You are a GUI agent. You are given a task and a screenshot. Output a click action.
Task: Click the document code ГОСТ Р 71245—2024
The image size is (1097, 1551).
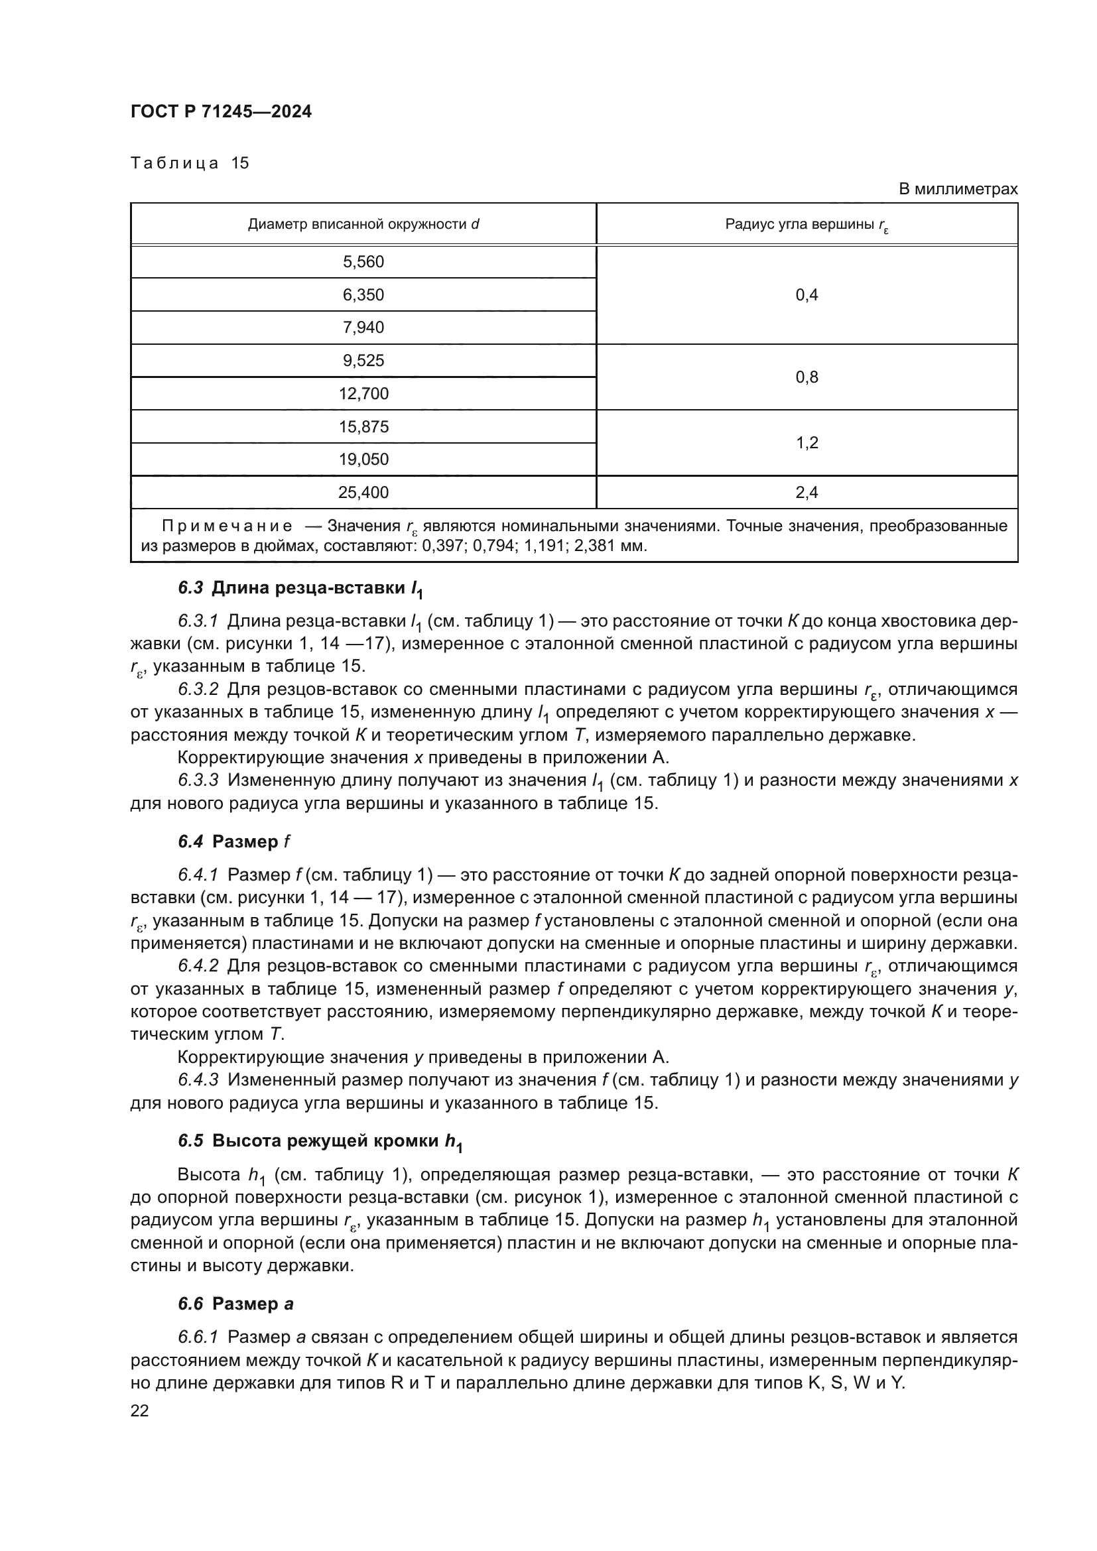[x=221, y=112]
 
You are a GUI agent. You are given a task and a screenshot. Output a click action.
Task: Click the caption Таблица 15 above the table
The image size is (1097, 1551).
[x=190, y=163]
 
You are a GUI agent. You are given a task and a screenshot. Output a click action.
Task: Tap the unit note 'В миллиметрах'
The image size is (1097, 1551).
[x=957, y=189]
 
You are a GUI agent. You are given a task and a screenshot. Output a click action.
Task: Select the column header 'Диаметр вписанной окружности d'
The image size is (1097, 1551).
[x=363, y=224]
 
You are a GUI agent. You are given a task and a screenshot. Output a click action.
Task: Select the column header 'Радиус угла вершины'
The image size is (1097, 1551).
[x=807, y=225]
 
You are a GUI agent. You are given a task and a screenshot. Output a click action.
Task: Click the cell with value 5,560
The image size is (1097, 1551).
[x=363, y=262]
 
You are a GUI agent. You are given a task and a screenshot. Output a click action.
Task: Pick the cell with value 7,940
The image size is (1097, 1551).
[x=363, y=328]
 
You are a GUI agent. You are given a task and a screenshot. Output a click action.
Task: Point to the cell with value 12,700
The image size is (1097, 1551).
[x=363, y=393]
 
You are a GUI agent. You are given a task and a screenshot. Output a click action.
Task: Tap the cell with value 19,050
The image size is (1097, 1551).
[x=363, y=460]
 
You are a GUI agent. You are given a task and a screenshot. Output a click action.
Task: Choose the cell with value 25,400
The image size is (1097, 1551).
[x=363, y=493]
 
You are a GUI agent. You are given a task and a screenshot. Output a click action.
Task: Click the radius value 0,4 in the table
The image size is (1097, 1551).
[x=807, y=295]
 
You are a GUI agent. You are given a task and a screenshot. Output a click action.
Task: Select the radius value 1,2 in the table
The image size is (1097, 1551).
[x=807, y=442]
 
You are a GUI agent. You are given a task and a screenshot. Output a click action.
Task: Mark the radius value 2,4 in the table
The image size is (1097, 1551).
[x=807, y=493]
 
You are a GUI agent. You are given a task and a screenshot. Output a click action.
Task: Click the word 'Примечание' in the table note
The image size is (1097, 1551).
[x=227, y=526]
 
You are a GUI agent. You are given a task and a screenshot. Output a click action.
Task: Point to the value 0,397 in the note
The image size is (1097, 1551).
[x=440, y=545]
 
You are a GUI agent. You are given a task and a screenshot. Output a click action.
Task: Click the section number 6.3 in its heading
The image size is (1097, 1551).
[x=190, y=588]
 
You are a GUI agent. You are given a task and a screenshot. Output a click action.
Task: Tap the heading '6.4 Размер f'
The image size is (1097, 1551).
[x=233, y=841]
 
